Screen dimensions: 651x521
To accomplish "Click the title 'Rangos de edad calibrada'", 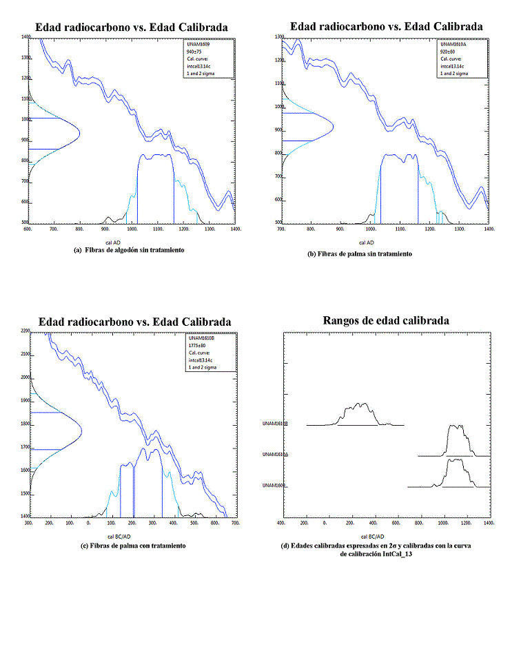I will (386, 321).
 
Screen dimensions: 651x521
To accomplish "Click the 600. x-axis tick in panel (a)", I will (28, 229).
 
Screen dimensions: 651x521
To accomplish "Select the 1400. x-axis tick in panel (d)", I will (489, 524).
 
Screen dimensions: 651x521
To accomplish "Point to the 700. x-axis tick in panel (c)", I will (236, 524).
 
